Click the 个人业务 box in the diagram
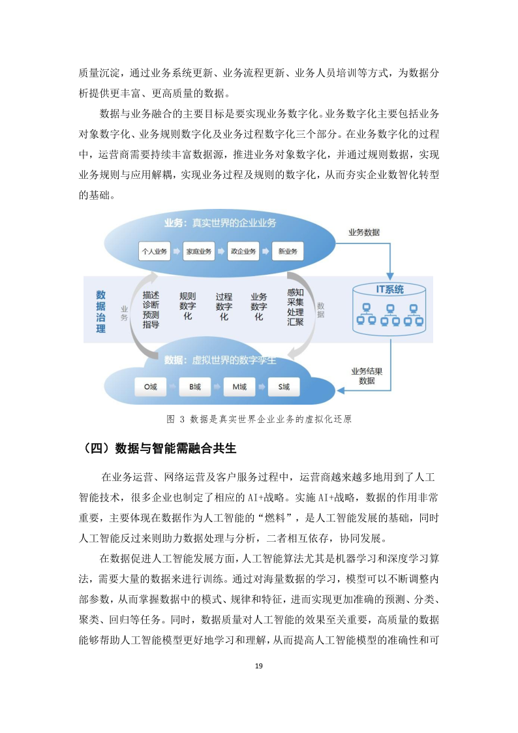click(155, 251)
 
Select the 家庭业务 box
click(199, 251)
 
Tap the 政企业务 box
click(243, 251)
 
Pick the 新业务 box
click(287, 251)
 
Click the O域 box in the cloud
click(151, 387)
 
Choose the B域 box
click(195, 387)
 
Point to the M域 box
click(239, 387)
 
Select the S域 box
click(284, 387)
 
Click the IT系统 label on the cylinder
click(389, 289)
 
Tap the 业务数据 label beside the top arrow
click(364, 232)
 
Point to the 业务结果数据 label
click(367, 375)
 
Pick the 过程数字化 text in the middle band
click(224, 306)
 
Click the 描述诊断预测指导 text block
click(151, 309)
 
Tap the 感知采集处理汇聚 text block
click(295, 307)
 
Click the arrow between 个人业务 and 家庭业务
click(177, 251)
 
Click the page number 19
click(259, 666)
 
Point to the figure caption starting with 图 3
click(259, 419)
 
